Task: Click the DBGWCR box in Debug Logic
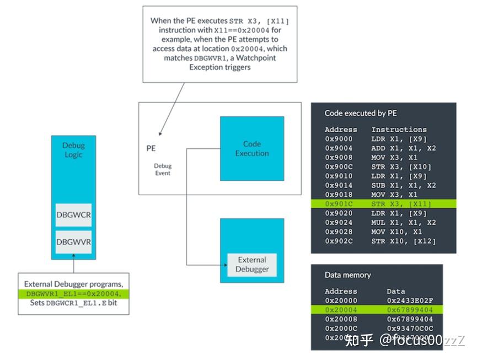tap(73, 215)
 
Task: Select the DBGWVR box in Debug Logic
tap(73, 242)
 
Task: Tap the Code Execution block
tap(251, 148)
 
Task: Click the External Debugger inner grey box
tap(251, 264)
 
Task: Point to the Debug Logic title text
tap(73, 150)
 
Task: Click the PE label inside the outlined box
tap(151, 148)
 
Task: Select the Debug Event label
tap(162, 169)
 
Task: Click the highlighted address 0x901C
tap(339, 204)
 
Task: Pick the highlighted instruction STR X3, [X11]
tap(400, 204)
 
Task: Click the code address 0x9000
tap(339, 139)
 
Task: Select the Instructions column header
tap(399, 130)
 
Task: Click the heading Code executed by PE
tap(361, 114)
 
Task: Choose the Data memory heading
tap(347, 275)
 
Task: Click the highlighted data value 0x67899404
tap(410, 310)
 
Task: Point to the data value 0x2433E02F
tap(410, 301)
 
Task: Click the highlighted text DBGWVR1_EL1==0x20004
tap(73, 294)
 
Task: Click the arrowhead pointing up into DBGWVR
tap(73, 257)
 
